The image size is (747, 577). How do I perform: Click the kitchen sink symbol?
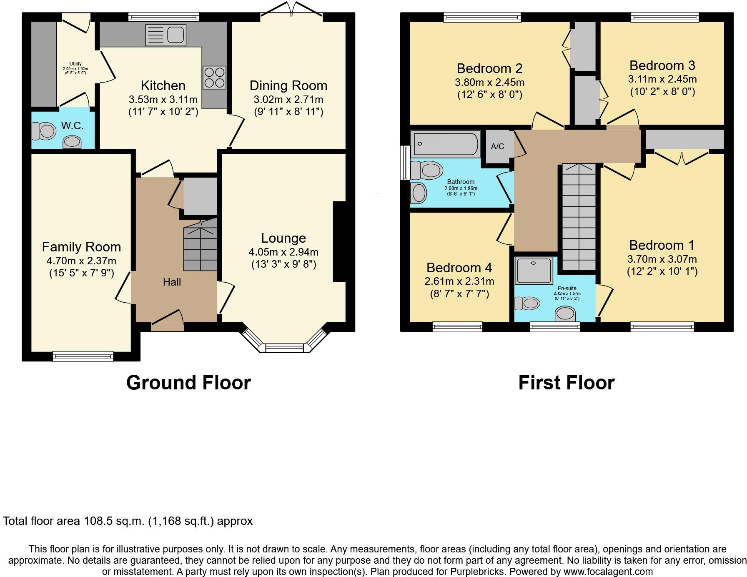[165, 35]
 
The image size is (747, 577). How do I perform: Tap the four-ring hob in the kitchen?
[214, 77]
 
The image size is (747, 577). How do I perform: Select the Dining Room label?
[288, 85]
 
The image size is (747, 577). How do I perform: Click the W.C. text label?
[73, 125]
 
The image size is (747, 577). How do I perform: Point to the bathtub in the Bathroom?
[445, 144]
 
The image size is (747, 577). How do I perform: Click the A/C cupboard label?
[497, 146]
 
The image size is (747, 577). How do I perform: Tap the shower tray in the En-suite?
[534, 271]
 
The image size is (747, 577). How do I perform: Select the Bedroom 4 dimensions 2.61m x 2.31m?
[459, 281]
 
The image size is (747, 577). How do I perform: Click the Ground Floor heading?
[188, 382]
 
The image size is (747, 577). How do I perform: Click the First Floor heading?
[566, 382]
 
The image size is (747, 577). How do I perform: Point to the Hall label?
[172, 282]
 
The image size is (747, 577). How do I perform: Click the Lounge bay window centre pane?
[286, 347]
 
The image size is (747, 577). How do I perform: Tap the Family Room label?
[81, 247]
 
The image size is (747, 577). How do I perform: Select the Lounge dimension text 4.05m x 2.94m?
[283, 252]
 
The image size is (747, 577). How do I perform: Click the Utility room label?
[75, 64]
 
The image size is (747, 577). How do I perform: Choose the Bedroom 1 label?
[662, 245]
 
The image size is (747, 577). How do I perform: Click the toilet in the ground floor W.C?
[44, 131]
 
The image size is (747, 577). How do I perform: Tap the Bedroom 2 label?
[489, 68]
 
